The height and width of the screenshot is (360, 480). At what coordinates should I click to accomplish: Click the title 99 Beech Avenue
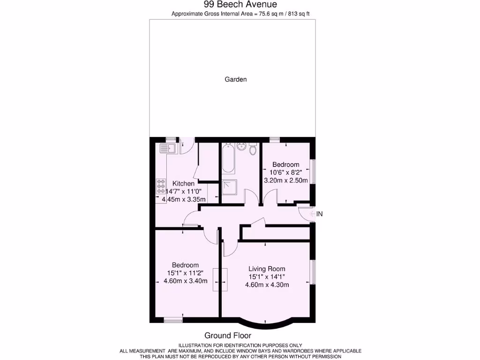pos(240,5)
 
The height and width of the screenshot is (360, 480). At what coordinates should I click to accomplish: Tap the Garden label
pos(235,79)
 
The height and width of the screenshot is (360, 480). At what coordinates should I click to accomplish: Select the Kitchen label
pos(183,183)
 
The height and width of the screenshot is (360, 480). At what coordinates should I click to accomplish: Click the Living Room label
pos(267,269)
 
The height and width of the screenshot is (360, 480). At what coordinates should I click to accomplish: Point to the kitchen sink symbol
pos(166,149)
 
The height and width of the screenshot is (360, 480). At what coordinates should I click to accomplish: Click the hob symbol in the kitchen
pos(161,186)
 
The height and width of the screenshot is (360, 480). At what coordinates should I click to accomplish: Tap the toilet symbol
pos(253,150)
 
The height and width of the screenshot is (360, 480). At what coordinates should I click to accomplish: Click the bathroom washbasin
pos(242,146)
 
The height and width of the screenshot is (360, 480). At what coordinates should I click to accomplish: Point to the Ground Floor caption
pos(228,335)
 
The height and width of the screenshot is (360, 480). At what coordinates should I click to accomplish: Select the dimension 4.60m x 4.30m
pos(267,285)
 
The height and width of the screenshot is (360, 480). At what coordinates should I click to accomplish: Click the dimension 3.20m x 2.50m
pos(285,180)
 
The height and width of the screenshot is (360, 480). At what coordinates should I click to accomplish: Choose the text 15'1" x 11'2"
pos(185,273)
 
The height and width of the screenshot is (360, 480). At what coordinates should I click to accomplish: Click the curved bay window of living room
pos(266,323)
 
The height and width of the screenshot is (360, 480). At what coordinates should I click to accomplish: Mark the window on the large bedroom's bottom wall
pos(172,320)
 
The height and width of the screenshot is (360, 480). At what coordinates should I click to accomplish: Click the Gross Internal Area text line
pos(240,14)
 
